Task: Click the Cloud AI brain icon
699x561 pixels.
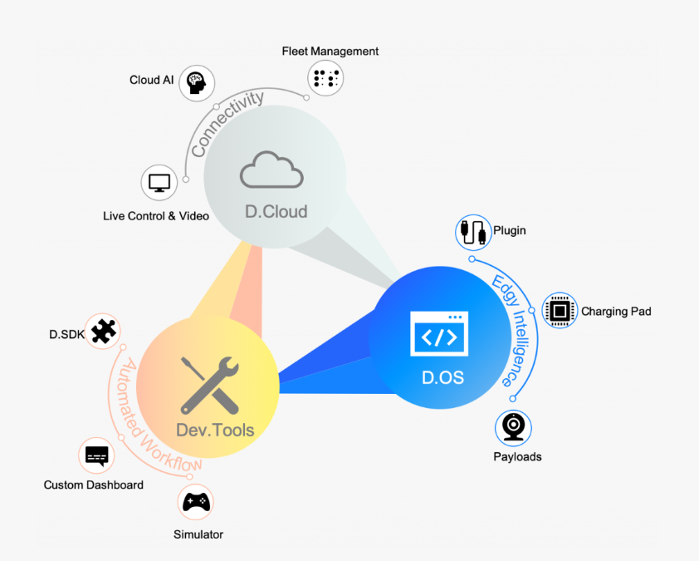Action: [197, 82]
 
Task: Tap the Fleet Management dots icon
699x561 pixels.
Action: [325, 78]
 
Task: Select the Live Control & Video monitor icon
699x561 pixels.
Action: [158, 182]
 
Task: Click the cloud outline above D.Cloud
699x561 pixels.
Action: [271, 170]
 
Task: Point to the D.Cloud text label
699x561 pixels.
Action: [276, 211]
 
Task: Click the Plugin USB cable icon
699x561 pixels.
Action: [473, 232]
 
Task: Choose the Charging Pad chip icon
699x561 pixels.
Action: [560, 311]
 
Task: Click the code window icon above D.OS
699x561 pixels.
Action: [439, 337]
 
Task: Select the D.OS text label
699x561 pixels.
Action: [442, 378]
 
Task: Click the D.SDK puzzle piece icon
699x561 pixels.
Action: [103, 332]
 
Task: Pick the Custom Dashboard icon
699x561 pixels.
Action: [97, 455]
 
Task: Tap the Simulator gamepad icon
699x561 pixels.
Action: [196, 502]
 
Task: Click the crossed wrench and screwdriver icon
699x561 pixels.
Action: [210, 385]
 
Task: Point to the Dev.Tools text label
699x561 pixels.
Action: [215, 431]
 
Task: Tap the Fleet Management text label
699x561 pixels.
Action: [330, 52]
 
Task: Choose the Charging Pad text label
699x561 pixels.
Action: [616, 312]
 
